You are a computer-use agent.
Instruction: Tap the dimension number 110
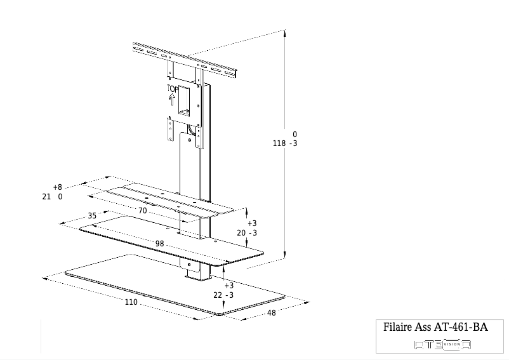[x=131, y=302]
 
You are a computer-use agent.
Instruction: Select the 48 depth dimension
[x=271, y=312]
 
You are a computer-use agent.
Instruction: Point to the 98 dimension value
[x=160, y=244]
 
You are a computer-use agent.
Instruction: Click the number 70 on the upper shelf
[x=142, y=210]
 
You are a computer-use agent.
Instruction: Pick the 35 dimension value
[x=92, y=216]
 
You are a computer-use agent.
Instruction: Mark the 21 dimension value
[x=46, y=197]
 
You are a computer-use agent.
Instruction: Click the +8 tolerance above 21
[x=57, y=187]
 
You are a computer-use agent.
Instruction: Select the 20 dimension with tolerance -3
[x=241, y=233]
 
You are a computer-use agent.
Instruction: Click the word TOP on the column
[x=172, y=89]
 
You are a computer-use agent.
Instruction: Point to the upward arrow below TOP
[x=172, y=99]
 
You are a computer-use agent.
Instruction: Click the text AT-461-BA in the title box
[x=460, y=328]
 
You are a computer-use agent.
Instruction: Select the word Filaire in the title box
[x=398, y=328]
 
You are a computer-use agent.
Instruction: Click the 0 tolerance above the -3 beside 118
[x=294, y=135]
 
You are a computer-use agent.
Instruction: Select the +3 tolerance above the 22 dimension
[x=229, y=286]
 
